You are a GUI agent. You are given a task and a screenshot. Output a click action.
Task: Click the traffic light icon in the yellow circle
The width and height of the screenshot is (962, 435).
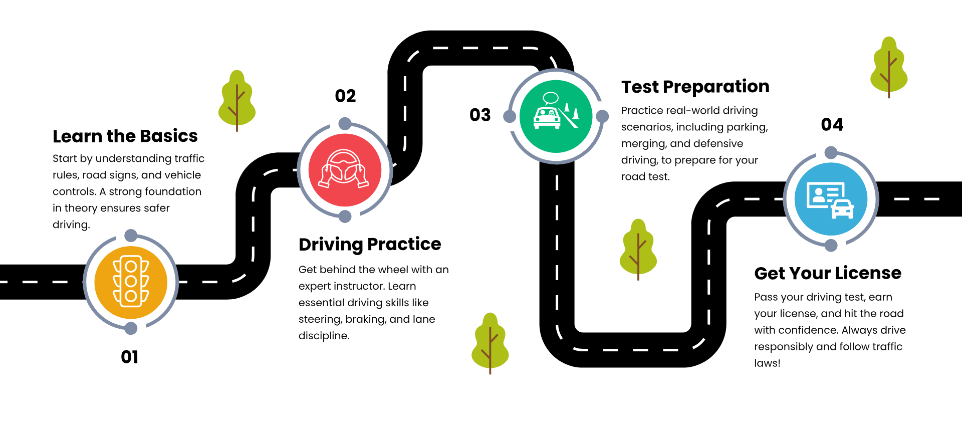(x=131, y=282)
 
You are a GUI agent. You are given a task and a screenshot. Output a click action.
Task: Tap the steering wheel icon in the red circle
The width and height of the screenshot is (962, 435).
(x=344, y=169)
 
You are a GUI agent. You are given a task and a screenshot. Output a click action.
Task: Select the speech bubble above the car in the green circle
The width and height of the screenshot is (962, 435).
(x=551, y=98)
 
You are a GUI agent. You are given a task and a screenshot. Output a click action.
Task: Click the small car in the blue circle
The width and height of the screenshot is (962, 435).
(x=842, y=209)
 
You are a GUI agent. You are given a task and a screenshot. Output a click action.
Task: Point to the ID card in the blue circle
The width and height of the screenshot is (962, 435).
(x=824, y=194)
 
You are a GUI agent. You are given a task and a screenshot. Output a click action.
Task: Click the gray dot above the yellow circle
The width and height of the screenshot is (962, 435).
(x=131, y=235)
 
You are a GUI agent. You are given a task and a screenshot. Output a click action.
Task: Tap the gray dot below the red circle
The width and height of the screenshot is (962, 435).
(x=345, y=216)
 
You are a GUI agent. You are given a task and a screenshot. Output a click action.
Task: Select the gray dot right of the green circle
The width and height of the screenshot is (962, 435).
(x=602, y=116)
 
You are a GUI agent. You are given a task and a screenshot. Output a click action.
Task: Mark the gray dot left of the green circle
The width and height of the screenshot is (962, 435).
(x=510, y=116)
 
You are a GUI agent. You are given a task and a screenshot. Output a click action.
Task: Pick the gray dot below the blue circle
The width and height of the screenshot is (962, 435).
(x=831, y=245)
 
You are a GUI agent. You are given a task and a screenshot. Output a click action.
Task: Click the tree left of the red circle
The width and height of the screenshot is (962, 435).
(x=237, y=100)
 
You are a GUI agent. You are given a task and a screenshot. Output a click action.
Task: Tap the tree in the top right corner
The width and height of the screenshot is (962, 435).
(x=889, y=67)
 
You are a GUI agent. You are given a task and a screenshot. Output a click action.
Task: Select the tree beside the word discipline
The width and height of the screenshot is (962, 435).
(x=490, y=343)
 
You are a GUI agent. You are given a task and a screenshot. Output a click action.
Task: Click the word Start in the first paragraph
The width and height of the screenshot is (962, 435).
(x=65, y=159)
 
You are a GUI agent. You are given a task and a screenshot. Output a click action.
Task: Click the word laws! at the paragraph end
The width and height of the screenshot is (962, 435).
(x=767, y=363)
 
